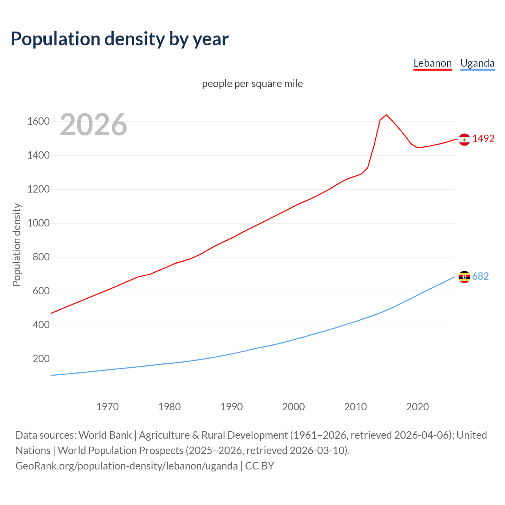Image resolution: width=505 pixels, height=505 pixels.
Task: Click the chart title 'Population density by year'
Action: pos(120,39)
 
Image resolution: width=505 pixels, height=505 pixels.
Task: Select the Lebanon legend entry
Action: pos(432,63)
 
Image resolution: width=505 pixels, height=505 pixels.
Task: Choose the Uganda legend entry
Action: pos(477,63)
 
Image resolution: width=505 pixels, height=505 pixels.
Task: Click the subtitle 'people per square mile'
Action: pos(252,84)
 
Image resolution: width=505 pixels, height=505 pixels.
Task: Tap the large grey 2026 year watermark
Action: pos(94,125)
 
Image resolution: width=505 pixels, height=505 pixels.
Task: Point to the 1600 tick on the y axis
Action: pos(38,122)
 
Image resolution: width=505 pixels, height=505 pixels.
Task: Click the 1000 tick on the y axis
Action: pos(38,223)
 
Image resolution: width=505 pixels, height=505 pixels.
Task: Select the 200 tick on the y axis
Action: pos(41,359)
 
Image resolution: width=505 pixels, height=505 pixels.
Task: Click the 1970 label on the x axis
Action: pos(107,407)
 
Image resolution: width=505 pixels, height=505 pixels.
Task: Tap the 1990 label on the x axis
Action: pos(232,407)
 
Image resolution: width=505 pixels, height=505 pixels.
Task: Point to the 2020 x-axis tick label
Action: pos(417,407)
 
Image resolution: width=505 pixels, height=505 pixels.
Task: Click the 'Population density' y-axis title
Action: pos(17,245)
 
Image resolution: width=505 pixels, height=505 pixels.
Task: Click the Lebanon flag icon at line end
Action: pos(464,139)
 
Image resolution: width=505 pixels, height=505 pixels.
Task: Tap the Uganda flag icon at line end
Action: pos(464,277)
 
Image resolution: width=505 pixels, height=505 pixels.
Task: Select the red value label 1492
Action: pos(483,139)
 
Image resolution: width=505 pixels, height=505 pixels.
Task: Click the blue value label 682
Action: pos(480,277)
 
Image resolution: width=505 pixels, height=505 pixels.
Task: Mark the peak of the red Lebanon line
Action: pos(386,115)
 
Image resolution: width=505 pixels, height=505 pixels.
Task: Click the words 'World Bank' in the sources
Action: pos(105,435)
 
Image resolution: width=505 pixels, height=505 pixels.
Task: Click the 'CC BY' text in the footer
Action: pos(260,466)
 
